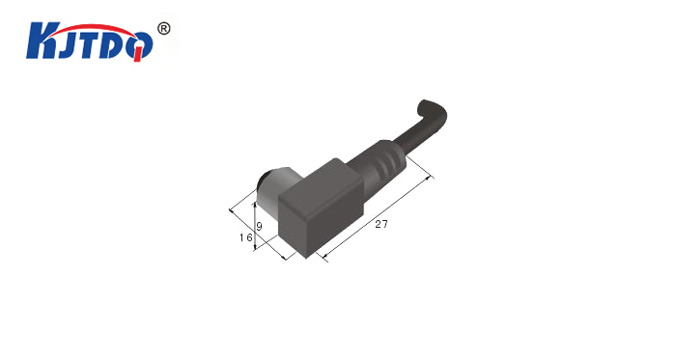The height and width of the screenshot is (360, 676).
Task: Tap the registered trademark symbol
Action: [164, 29]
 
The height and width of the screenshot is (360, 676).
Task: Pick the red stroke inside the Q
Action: [138, 53]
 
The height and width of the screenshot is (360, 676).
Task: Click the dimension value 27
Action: [381, 224]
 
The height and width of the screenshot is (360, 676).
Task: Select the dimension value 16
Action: [245, 237]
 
